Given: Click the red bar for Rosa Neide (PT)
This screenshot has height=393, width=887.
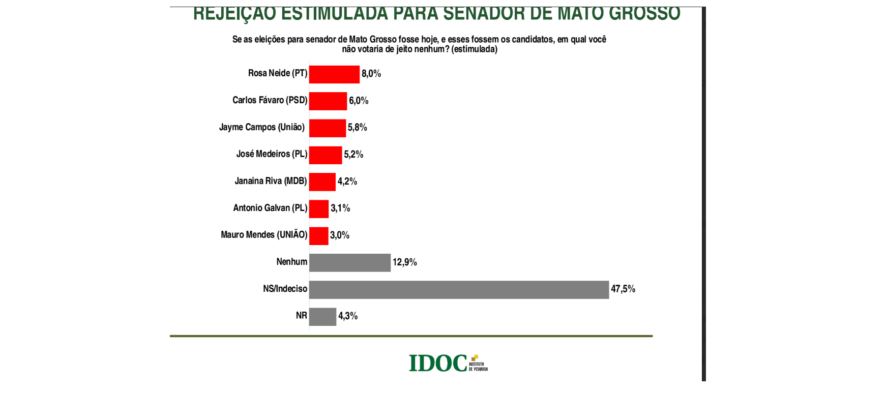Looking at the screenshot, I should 334,75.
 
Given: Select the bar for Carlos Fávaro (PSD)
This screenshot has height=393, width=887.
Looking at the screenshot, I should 328,101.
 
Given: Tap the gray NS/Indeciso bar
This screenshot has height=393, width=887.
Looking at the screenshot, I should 459,290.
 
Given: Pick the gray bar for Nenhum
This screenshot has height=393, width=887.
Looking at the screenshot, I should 350,263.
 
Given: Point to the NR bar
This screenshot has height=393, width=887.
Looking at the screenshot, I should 322,317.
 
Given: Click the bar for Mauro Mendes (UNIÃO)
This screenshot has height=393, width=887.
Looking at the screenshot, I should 319,236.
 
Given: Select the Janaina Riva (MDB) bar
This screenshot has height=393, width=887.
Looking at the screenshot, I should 322,182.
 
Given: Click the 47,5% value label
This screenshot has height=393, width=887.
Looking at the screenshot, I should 623,289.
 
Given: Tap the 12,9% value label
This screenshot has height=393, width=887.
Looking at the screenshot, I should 405,262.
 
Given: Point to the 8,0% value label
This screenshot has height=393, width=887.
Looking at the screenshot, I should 371,74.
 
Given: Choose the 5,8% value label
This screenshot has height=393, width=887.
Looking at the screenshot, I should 358,128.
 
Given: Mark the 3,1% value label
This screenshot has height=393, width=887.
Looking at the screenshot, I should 340,208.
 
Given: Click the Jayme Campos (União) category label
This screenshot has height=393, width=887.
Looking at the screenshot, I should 262,127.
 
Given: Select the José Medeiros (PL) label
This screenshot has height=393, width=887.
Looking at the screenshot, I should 272,154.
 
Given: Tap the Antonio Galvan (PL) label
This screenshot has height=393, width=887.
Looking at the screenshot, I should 270,208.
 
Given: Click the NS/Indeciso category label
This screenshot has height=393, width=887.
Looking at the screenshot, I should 285,289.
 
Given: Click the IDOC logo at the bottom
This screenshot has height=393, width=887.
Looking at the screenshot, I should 448,363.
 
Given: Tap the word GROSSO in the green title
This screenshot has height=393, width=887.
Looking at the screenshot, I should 644,14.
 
